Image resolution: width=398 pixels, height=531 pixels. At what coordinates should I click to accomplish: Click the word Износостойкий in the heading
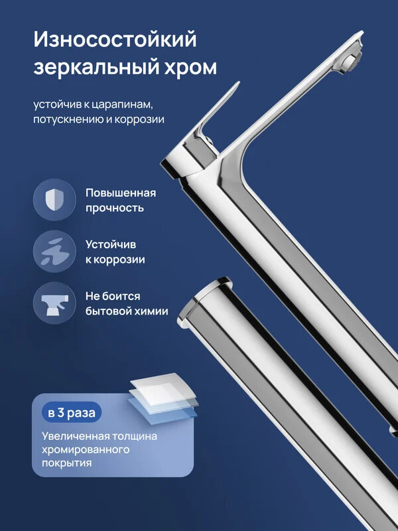(115, 40)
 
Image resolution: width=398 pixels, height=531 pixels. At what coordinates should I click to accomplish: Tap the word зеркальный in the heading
(86, 68)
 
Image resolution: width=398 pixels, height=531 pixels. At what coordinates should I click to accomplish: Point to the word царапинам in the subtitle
(132, 104)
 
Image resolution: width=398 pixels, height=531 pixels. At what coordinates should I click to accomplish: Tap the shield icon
(54, 200)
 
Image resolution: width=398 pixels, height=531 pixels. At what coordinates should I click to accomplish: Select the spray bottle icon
(54, 303)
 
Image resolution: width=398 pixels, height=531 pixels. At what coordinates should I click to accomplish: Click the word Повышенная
(120, 193)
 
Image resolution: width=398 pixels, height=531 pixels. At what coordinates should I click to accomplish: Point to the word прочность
(114, 208)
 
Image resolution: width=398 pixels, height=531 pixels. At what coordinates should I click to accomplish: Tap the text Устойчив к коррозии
(115, 252)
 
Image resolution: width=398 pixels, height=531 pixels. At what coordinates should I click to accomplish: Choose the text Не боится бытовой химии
(126, 303)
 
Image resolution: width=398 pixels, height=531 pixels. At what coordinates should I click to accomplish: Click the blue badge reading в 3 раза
(72, 412)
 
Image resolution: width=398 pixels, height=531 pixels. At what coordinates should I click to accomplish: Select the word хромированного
(84, 450)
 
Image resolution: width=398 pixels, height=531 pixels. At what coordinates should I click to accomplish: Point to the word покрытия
(66, 464)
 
